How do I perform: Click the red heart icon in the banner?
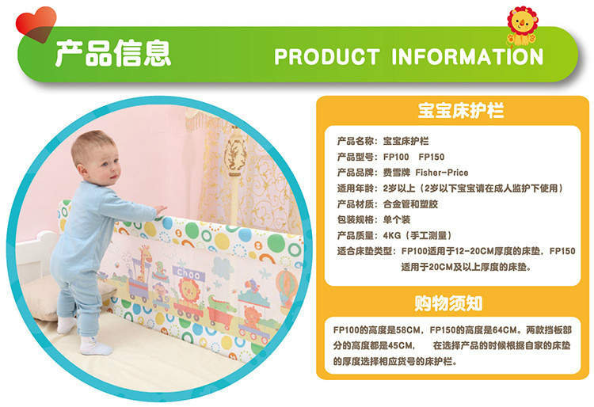(36, 24)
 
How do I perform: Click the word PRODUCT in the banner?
(327, 57)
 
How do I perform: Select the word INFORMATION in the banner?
(467, 57)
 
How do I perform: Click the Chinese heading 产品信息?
(113, 53)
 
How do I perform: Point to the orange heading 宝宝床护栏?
(461, 110)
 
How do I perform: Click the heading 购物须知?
(448, 303)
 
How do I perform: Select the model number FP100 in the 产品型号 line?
(396, 157)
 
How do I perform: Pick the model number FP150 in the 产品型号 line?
(432, 157)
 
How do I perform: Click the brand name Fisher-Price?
(442, 173)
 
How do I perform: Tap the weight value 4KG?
(392, 235)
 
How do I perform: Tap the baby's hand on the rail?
(161, 210)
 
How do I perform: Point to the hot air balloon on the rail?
(287, 285)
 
